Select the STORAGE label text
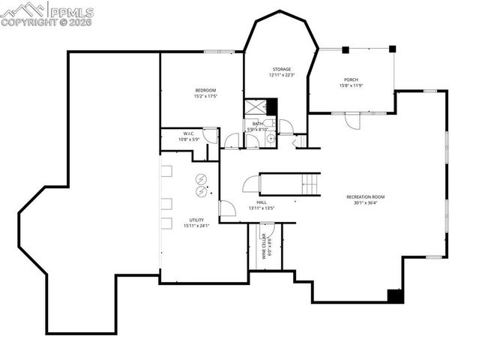point(281,69)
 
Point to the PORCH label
point(351,79)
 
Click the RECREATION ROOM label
point(365,196)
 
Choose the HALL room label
point(262,202)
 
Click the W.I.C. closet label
point(189,133)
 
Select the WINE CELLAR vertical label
point(264,246)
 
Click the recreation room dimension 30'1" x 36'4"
point(365,202)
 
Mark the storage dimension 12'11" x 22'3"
point(281,75)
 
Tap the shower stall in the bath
point(256,107)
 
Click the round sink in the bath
point(271,139)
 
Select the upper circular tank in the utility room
point(201,178)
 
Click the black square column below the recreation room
point(395,295)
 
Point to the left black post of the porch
point(346,49)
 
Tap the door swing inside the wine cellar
point(268,229)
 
